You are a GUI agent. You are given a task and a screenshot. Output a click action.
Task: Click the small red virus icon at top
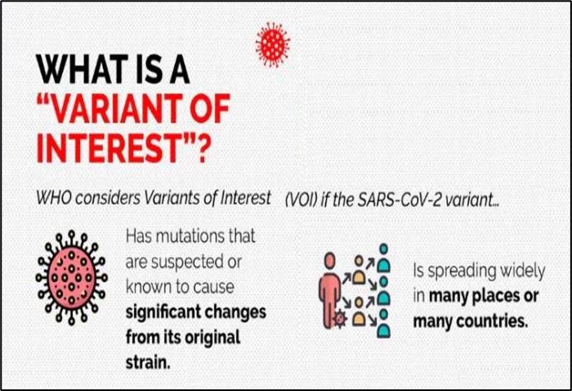(x=272, y=44)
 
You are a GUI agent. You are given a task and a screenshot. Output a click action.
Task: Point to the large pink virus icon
(x=72, y=277)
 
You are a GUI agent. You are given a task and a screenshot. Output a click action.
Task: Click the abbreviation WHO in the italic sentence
(x=54, y=198)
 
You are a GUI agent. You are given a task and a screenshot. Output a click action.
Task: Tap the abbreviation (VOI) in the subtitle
(x=301, y=200)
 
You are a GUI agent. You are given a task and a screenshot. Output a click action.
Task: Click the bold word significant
(x=162, y=312)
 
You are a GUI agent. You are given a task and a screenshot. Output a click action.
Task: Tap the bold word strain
(x=148, y=362)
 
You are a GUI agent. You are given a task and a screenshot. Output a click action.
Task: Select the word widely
(x=522, y=271)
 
